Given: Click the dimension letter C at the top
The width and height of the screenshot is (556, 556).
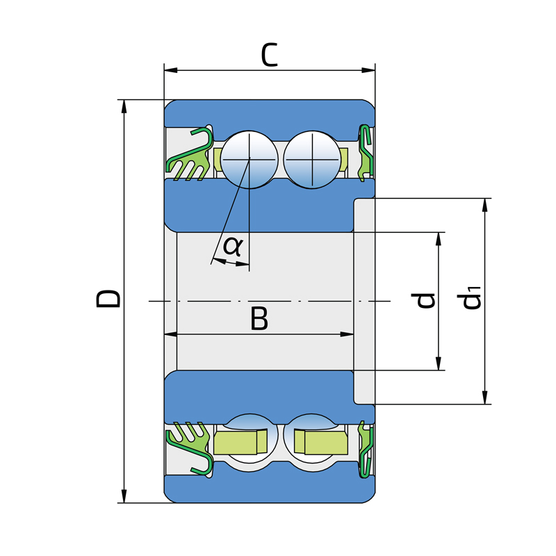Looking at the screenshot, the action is pyautogui.click(x=270, y=55).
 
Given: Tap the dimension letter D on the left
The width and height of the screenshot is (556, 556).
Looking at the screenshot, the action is pyautogui.click(x=108, y=298).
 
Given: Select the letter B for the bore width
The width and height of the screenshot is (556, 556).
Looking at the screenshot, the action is pyautogui.click(x=259, y=318).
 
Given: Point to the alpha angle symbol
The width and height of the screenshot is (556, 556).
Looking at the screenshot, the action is pyautogui.click(x=233, y=246).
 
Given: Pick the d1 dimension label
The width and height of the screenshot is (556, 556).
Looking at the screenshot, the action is pyautogui.click(x=468, y=297).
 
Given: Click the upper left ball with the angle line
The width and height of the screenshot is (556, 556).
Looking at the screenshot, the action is pyautogui.click(x=250, y=160).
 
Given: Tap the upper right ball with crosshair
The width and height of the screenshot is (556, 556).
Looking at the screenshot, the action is pyautogui.click(x=312, y=160).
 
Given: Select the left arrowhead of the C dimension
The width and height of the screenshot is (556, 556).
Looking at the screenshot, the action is pyautogui.click(x=171, y=70).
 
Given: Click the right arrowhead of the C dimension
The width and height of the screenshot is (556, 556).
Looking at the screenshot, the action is pyautogui.click(x=368, y=70).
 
